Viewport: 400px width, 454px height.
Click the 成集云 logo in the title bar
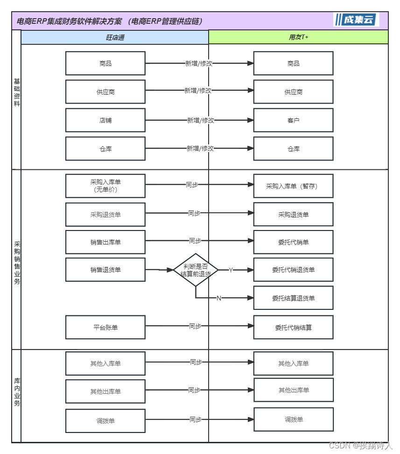click(356, 20)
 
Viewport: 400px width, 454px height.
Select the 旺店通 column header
click(115, 37)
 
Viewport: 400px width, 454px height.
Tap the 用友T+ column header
click(298, 37)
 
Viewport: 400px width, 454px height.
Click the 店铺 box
click(105, 120)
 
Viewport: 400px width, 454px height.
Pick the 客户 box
click(293, 120)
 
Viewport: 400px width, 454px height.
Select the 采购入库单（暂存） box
click(293, 186)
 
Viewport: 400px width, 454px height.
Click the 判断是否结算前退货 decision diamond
click(196, 270)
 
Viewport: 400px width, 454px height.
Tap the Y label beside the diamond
click(231, 270)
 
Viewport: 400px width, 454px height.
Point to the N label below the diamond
click(218, 298)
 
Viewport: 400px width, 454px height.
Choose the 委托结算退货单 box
click(293, 298)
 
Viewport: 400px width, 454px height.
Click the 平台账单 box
click(105, 327)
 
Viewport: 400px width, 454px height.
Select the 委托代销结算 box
click(293, 327)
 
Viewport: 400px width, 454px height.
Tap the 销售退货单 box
click(105, 270)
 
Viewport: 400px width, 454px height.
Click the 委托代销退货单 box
click(293, 270)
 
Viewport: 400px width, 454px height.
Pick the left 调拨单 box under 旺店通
click(105, 421)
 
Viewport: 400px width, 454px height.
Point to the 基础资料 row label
click(17, 92)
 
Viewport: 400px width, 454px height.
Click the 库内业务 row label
click(17, 392)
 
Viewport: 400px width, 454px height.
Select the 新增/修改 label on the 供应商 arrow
click(198, 91)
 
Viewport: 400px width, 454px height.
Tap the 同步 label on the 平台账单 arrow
click(195, 326)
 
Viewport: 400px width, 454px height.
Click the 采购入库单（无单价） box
click(105, 186)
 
